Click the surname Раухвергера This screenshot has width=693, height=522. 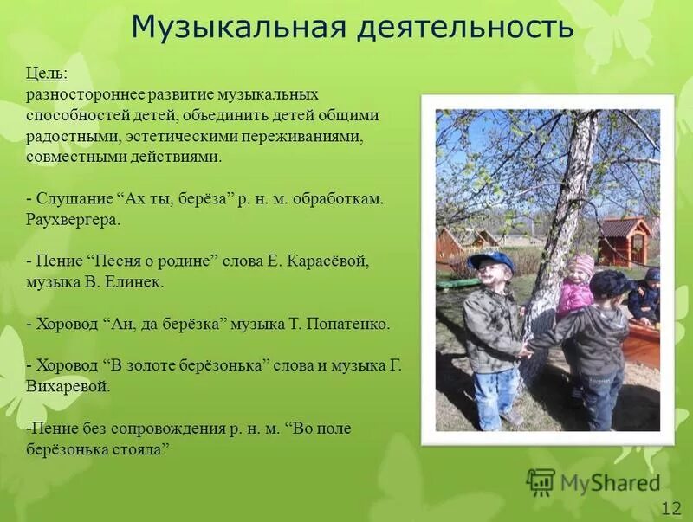pyautogui.click(x=74, y=219)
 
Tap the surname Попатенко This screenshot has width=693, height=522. pyautogui.click(x=348, y=325)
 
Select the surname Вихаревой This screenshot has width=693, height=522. pyautogui.click(x=68, y=387)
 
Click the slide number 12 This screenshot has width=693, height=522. pyautogui.click(x=670, y=507)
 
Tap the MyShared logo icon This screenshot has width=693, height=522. pyautogui.click(x=541, y=481)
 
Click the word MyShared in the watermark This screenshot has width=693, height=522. pyautogui.click(x=610, y=482)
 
